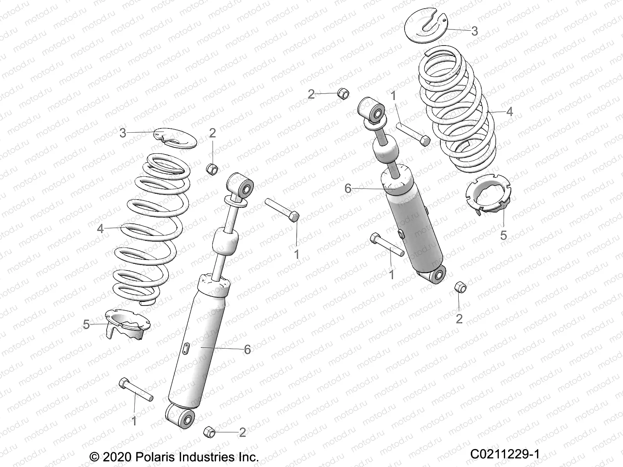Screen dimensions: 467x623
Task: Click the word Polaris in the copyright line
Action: (x=155, y=456)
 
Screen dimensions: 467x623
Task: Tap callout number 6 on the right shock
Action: (x=348, y=189)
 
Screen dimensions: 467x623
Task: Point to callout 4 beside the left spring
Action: (x=100, y=228)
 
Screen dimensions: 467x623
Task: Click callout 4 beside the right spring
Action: (x=510, y=112)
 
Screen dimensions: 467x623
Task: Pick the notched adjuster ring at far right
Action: (x=488, y=195)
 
